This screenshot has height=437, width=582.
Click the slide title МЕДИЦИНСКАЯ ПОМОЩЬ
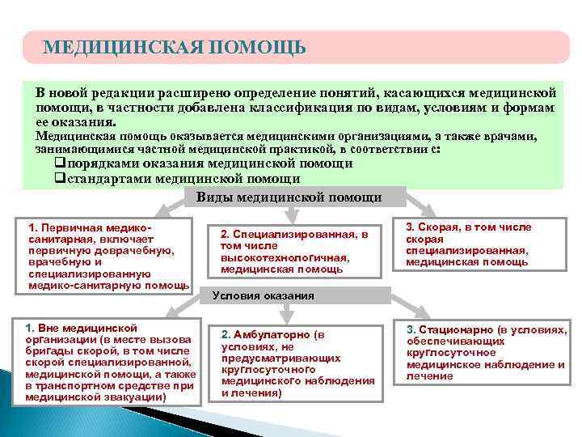point(175,47)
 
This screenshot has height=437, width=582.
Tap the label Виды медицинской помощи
point(289,197)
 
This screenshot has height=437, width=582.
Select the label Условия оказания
point(263,295)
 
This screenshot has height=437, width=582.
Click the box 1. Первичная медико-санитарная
point(108,254)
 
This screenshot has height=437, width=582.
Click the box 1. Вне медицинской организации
point(110,362)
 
